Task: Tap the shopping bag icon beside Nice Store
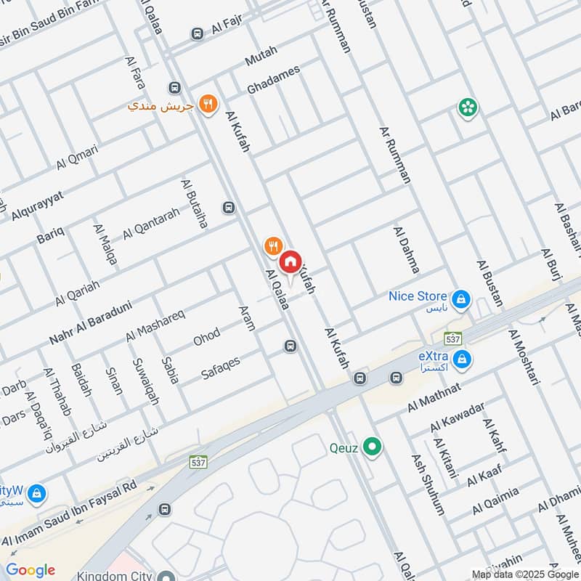pos(460,298)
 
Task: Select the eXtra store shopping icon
pos(460,359)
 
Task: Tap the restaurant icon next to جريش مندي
pos(208,105)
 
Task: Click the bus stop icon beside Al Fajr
pos(197,33)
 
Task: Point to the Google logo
pos(30,570)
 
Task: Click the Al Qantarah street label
pos(150,224)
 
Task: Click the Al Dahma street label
pos(406,249)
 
